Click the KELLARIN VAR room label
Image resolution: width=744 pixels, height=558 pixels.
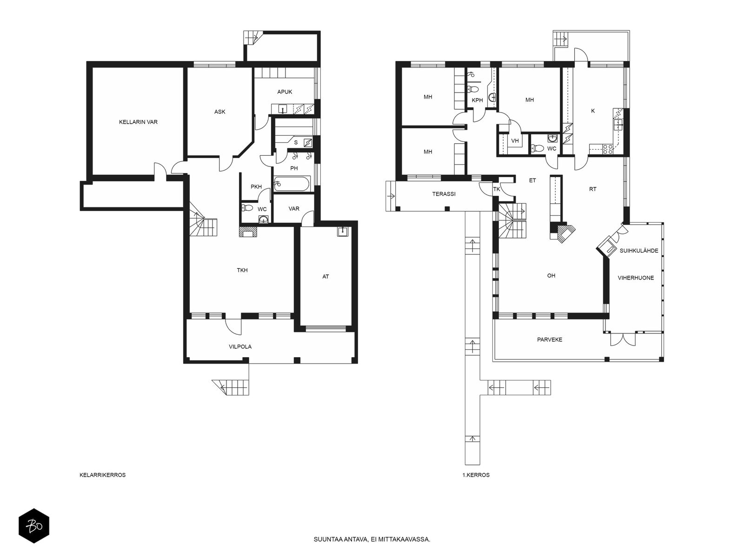(138, 122)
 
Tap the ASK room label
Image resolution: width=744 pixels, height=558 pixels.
(219, 112)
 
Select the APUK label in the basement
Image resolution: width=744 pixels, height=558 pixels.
(285, 92)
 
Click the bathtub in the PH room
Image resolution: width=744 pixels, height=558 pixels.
(292, 184)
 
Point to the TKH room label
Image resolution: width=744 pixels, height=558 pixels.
(242, 270)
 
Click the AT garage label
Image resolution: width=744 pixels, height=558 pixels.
(325, 277)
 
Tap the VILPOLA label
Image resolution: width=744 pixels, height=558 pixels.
(240, 347)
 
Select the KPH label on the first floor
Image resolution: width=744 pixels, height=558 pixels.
(477, 100)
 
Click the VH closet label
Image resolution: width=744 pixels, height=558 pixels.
(515, 141)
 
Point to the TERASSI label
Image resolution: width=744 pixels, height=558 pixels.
(444, 194)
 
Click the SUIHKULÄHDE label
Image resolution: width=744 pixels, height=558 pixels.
(639, 251)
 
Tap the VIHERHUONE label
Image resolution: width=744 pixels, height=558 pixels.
(636, 278)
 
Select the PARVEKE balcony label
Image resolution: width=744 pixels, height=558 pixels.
(550, 339)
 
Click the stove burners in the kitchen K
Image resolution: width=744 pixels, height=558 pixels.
(608, 149)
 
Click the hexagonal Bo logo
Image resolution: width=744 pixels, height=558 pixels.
(34, 526)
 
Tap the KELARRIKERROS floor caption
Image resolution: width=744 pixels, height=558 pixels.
(102, 475)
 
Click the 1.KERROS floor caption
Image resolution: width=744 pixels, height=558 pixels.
(476, 475)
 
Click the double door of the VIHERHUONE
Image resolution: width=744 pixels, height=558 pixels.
(623, 340)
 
